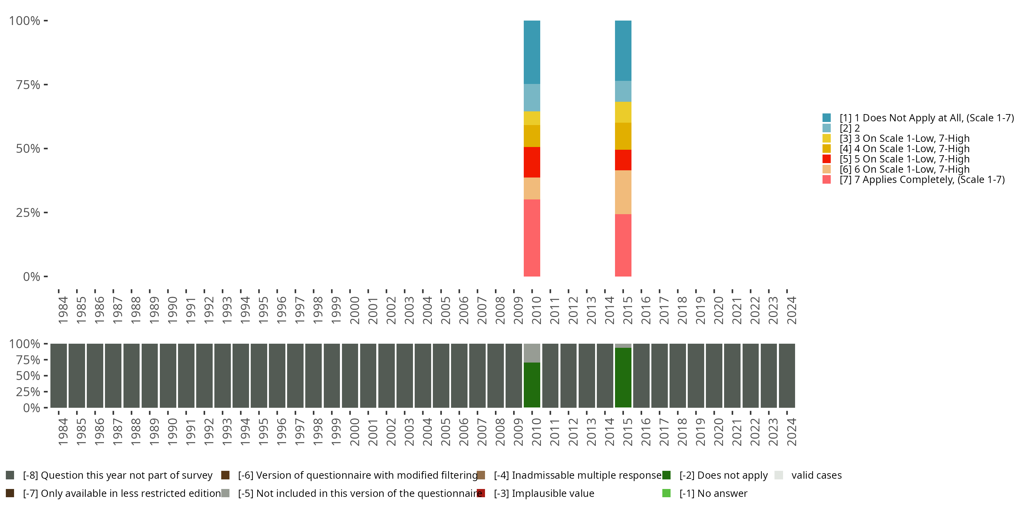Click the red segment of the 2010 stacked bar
click(532, 162)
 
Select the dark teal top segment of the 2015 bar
click(623, 51)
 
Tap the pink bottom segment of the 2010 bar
click(532, 238)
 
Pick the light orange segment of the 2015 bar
click(623, 192)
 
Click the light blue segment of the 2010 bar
click(532, 97)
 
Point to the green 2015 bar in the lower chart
click(623, 377)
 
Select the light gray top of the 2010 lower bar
click(532, 353)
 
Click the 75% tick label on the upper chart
click(28, 85)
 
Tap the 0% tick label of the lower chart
click(32, 408)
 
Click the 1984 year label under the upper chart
click(63, 310)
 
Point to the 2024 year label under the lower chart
click(791, 432)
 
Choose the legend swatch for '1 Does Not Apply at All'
click(827, 118)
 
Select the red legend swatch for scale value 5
click(827, 159)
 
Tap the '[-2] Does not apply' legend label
click(723, 475)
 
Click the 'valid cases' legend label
click(816, 475)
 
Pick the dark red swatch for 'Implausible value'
click(481, 493)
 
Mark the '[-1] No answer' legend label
click(713, 493)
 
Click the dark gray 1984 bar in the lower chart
click(59, 376)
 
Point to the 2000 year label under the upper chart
click(354, 310)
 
